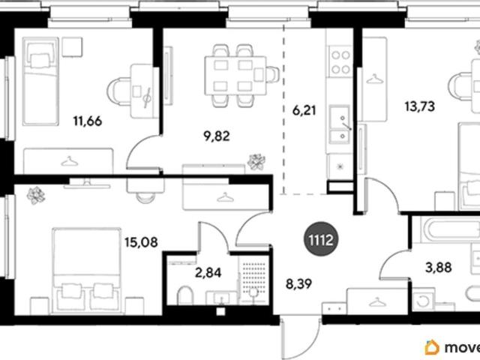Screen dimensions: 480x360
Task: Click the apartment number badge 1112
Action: click(321, 238)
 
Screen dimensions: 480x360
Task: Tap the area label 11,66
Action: click(88, 121)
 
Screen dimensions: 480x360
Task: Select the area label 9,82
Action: click(217, 136)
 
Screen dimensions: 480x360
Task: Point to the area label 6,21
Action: click(304, 110)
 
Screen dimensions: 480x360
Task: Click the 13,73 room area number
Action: click(420, 106)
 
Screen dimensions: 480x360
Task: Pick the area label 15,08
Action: click(141, 242)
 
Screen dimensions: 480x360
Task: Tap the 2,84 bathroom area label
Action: click(208, 272)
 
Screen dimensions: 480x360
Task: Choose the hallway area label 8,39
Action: click(298, 283)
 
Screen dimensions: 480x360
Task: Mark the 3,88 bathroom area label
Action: click(438, 268)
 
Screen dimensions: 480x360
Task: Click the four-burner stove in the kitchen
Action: click(340, 61)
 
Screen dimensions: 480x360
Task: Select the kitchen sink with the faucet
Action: click(340, 124)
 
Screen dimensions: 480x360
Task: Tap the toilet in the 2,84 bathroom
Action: click(185, 295)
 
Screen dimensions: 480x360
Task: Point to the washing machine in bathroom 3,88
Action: click(424, 299)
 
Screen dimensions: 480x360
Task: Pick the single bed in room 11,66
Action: click(40, 82)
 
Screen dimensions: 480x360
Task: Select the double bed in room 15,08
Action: click(86, 271)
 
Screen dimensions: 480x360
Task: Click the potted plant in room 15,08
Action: click(36, 195)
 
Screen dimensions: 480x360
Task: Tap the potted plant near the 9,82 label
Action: click(256, 162)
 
